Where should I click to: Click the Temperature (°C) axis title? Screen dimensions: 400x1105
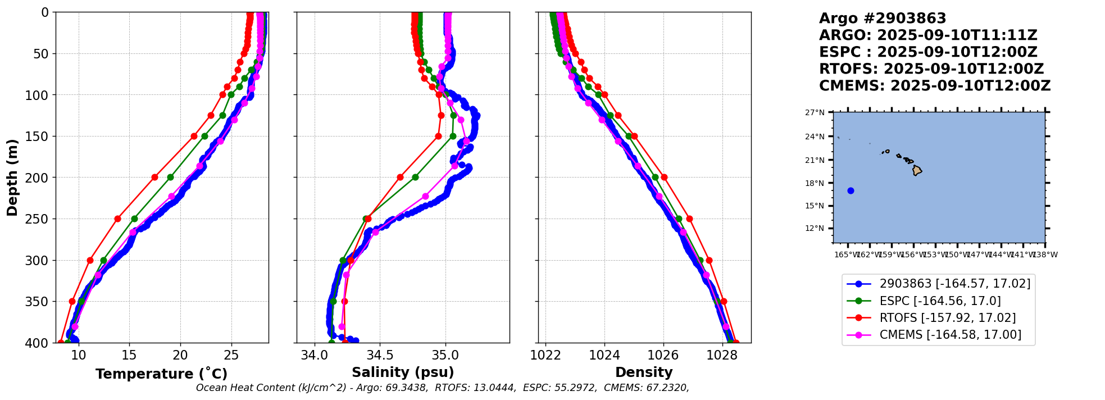pos(161,374)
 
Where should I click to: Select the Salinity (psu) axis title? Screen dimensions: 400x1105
pos(403,372)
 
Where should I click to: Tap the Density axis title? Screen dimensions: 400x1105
pos(644,372)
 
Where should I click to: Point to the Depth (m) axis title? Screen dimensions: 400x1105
pos(12,178)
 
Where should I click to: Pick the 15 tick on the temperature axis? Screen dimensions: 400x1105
pos(129,355)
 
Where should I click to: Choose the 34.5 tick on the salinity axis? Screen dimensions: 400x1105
pos(379,355)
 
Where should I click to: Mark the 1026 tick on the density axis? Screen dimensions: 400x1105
pos(663,355)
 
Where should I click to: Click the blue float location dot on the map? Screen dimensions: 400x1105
pos(851,190)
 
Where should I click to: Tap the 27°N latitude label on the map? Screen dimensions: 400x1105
pos(815,113)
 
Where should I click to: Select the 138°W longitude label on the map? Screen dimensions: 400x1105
pos(1045,255)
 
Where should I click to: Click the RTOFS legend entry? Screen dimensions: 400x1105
pos(947,318)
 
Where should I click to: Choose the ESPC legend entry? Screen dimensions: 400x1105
pos(940,301)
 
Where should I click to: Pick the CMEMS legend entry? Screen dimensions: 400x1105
pos(950,335)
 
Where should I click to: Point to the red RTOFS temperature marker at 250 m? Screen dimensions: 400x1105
pos(117,219)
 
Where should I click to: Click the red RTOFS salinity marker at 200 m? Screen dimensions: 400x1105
pos(400,177)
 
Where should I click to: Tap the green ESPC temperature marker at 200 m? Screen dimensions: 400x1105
pos(170,177)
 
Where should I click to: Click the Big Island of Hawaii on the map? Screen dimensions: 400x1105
pos(917,170)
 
